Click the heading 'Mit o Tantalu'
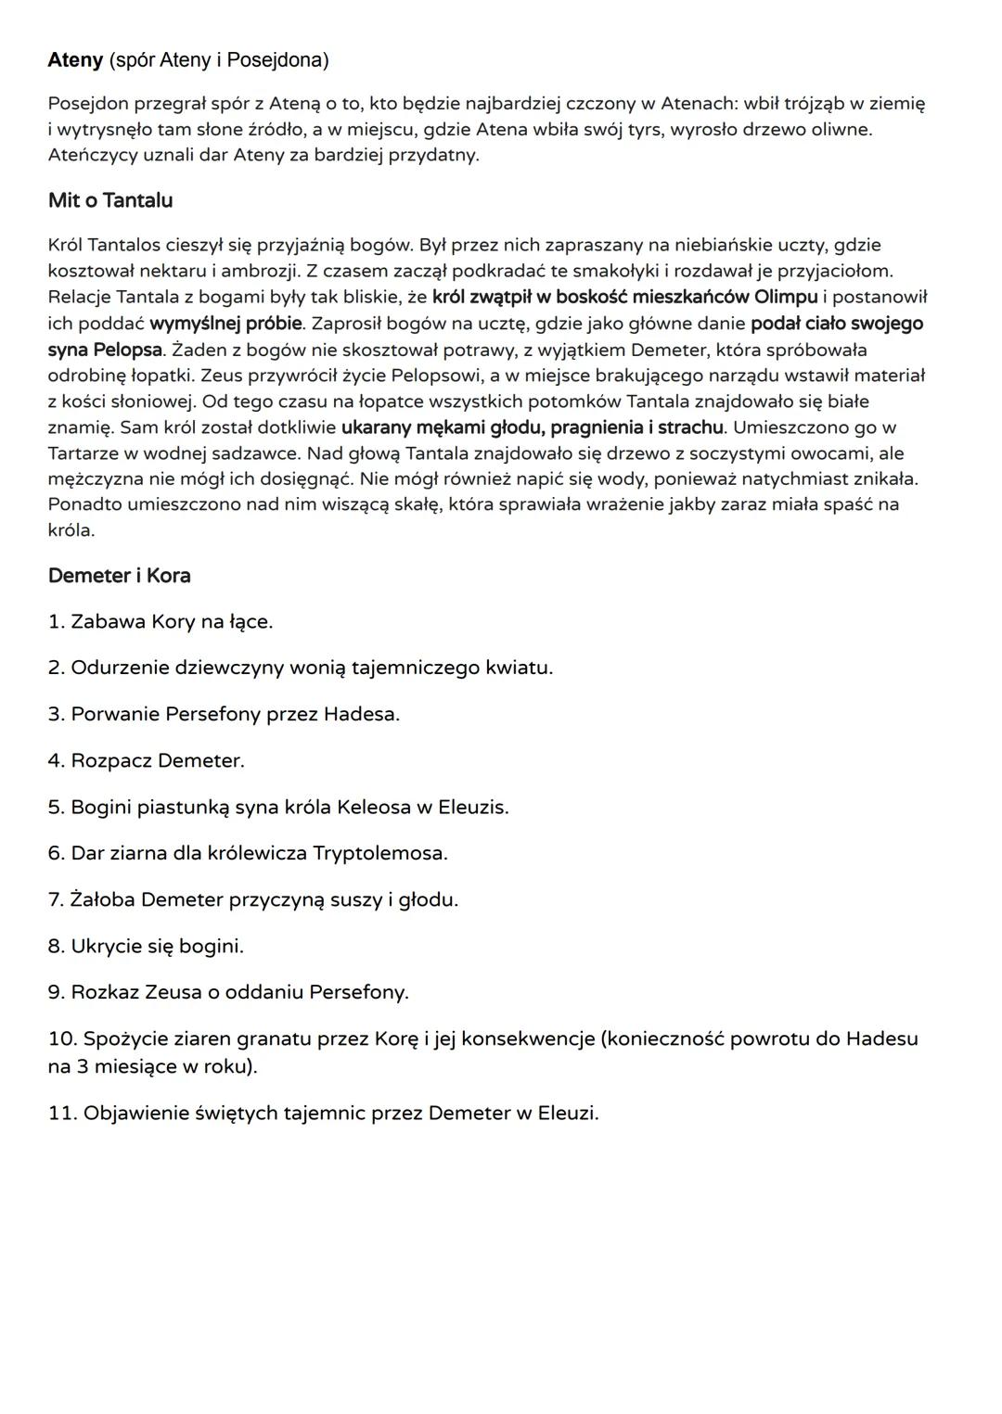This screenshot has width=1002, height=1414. (x=110, y=200)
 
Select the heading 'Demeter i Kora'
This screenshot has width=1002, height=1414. (x=119, y=575)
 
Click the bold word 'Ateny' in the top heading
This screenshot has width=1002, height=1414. (x=75, y=60)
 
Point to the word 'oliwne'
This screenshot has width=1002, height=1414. (x=841, y=129)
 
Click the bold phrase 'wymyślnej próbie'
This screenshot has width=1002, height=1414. (x=225, y=324)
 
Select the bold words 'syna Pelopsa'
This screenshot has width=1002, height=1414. (x=105, y=350)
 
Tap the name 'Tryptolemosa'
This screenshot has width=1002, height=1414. (x=380, y=853)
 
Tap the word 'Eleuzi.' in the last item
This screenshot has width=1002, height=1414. (x=568, y=1113)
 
